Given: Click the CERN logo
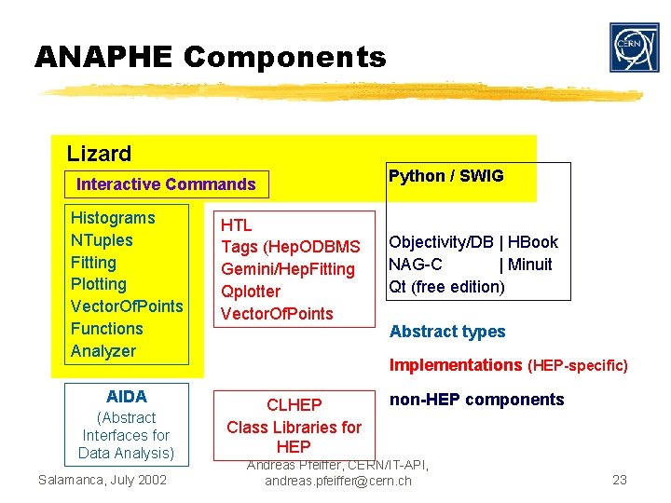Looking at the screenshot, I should [634, 48].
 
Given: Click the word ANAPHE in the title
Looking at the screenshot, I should [103, 58].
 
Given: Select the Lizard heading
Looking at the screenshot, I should [99, 154].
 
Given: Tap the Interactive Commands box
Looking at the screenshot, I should [166, 184].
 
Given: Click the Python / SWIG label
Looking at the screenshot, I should [445, 176].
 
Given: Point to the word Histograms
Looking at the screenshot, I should [113, 218].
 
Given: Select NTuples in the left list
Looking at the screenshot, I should [102, 240].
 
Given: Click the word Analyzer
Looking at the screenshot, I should [103, 351].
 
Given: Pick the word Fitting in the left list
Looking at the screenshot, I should [93, 263].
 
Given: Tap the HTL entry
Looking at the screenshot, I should [236, 224].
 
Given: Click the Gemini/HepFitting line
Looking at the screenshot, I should [288, 269].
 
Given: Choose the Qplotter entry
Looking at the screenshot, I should [250, 292].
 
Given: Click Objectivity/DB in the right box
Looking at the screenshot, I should [441, 242].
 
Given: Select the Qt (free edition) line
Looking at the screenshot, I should [446, 287].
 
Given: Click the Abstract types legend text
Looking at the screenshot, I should [447, 332].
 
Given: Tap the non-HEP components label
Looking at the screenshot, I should [476, 400].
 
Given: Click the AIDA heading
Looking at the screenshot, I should [126, 396].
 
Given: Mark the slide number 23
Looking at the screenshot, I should [620, 481].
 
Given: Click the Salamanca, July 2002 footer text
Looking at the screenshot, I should [103, 480].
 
